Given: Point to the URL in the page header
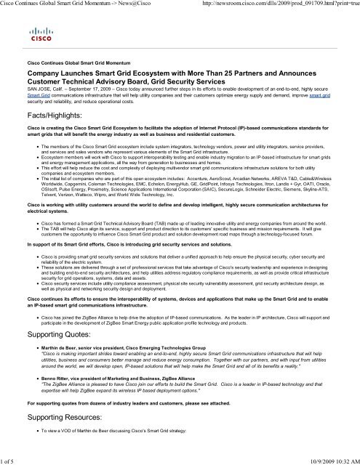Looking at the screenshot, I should click(279, 5).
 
